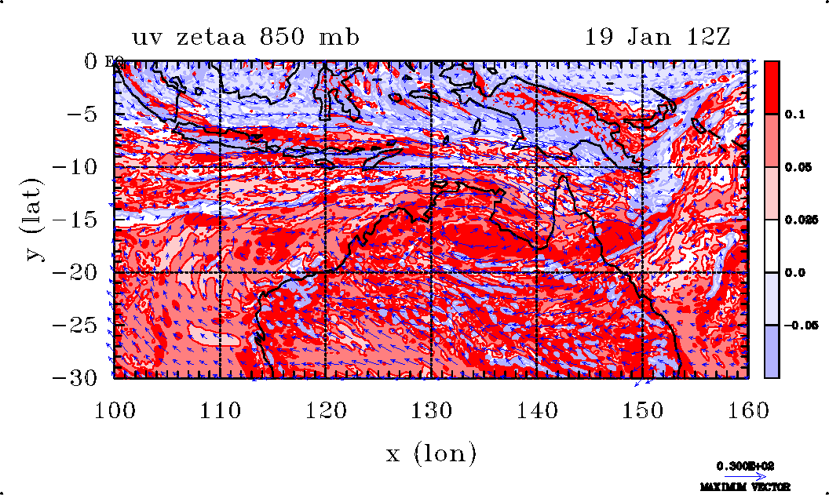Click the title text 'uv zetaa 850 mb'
point(245,37)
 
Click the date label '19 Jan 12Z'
point(658,37)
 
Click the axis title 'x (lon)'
point(431,453)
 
